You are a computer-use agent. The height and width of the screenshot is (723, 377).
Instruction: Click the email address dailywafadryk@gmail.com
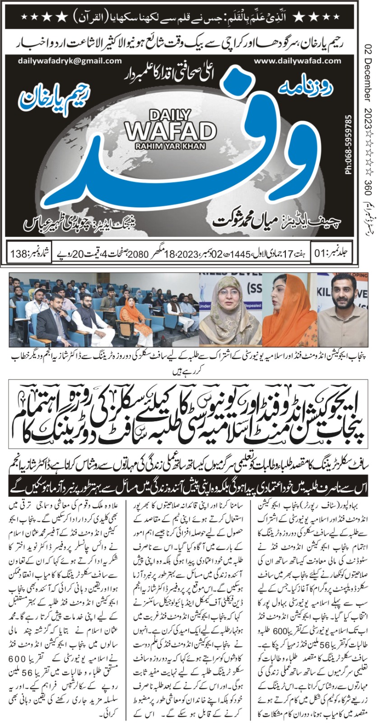click(70, 61)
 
